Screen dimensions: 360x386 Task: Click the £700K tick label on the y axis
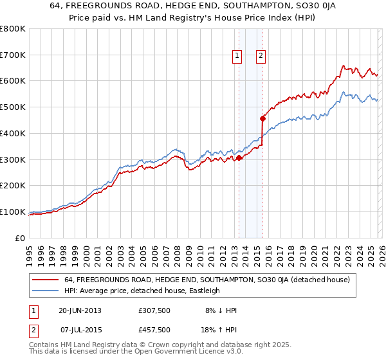(12, 55)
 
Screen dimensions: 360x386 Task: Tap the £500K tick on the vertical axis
(12, 107)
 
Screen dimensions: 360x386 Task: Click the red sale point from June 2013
(239, 157)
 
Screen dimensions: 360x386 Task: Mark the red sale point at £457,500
(262, 118)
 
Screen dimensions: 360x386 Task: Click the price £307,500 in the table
(154, 310)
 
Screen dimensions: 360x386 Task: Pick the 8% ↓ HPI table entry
(221, 310)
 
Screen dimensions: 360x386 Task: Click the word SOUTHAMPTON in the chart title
(244, 6)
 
